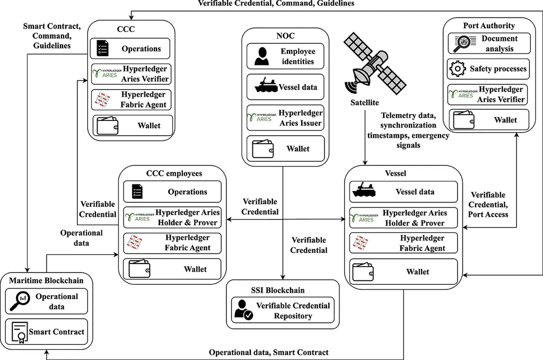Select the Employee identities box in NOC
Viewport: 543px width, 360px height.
(285, 56)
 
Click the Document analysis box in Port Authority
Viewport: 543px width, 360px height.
(488, 43)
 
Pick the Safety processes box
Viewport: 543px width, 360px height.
(488, 69)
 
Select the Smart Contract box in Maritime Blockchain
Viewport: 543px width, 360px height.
(46, 332)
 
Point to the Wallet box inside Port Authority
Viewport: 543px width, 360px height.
(488, 120)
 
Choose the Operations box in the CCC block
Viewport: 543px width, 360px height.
(130, 49)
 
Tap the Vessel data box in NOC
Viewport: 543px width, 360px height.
(285, 87)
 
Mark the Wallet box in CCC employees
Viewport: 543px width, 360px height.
(172, 269)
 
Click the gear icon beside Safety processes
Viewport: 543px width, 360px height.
(457, 69)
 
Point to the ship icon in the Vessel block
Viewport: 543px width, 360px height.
(365, 192)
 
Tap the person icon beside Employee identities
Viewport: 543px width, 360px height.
(261, 56)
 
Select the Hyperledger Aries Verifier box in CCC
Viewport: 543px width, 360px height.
(130, 74)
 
